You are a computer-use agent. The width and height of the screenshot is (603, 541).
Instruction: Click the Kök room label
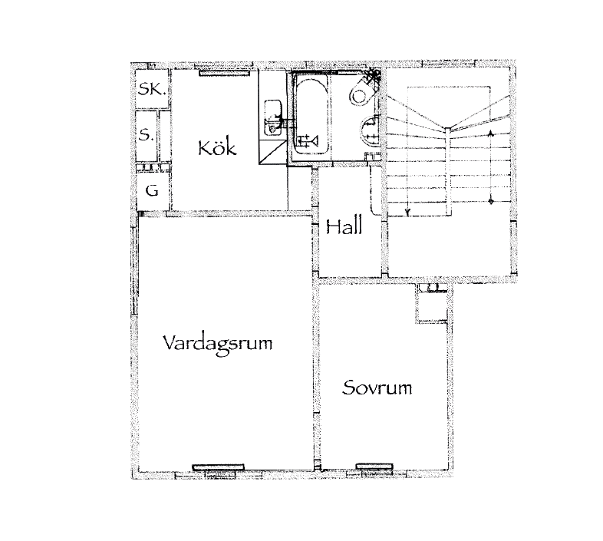[x=217, y=148]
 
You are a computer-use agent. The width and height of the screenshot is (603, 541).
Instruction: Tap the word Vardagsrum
[x=218, y=344]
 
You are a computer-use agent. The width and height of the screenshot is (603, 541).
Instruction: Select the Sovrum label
[x=377, y=388]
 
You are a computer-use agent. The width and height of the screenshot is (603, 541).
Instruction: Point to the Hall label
[x=344, y=226]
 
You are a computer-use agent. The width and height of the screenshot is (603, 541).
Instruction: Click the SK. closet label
[x=153, y=89]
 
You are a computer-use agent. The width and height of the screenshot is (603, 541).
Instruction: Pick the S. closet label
[x=146, y=135]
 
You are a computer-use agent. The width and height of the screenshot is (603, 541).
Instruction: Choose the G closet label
[x=153, y=190]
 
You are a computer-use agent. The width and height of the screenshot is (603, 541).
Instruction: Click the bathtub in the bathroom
[x=312, y=115]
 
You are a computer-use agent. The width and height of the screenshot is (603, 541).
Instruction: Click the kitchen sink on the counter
[x=272, y=117]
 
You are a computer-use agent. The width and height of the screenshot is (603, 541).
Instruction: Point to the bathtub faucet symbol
[x=308, y=141]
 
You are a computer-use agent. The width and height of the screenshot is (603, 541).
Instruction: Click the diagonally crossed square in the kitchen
[x=272, y=152]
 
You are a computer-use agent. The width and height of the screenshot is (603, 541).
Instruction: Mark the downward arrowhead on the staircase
[x=407, y=211]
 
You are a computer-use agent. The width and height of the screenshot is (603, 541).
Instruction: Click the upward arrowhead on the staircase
[x=490, y=134]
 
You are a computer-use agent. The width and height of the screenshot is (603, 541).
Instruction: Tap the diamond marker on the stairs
[x=491, y=201]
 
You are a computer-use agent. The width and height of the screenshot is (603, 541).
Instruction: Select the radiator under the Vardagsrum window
[x=218, y=467]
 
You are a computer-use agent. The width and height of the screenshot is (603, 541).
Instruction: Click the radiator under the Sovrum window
[x=374, y=467]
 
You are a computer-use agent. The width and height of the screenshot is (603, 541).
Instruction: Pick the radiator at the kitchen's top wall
[x=225, y=72]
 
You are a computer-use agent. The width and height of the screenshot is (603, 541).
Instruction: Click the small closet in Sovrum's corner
[x=432, y=303]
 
